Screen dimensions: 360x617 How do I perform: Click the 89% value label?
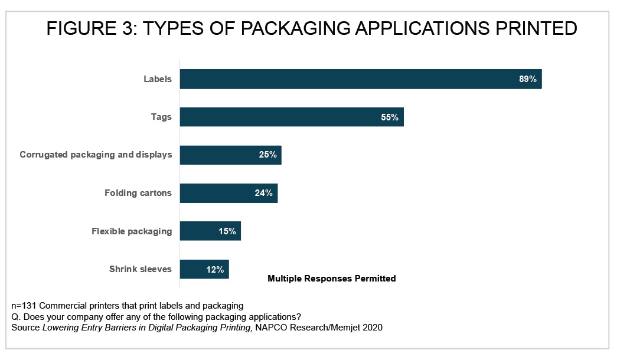(x=527, y=79)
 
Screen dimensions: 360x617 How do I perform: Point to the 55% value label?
(x=390, y=117)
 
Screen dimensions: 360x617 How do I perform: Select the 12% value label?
(x=215, y=270)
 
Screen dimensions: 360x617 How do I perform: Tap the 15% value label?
(x=227, y=231)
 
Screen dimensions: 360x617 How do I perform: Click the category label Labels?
(x=158, y=79)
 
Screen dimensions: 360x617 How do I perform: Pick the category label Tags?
(x=161, y=117)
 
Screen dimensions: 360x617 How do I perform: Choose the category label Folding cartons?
(x=138, y=193)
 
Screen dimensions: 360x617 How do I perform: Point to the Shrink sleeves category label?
(x=141, y=269)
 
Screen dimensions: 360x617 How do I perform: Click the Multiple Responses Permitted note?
(x=332, y=278)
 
